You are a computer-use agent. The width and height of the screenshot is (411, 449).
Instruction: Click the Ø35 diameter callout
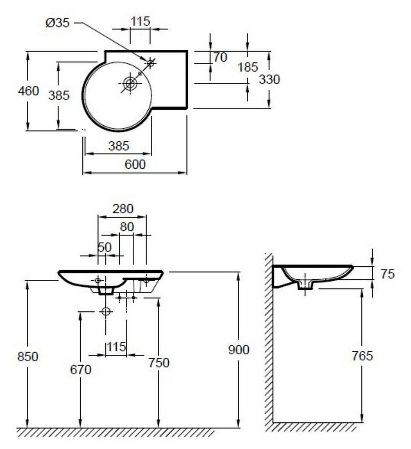click(57, 23)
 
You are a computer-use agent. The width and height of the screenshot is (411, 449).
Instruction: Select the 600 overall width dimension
click(135, 164)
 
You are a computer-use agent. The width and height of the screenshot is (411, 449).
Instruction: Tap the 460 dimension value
click(28, 91)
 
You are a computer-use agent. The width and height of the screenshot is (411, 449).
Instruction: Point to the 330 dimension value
click(269, 79)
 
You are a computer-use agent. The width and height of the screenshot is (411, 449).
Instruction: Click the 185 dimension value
click(248, 67)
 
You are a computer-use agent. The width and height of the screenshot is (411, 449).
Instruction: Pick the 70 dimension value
click(220, 57)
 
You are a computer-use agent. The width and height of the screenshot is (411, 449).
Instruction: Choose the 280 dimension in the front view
click(123, 209)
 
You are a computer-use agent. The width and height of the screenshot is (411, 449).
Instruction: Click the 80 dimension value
click(127, 227)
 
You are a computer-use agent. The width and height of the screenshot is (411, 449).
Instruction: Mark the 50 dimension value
click(104, 247)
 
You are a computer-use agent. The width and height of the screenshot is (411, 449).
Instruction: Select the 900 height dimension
click(239, 350)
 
